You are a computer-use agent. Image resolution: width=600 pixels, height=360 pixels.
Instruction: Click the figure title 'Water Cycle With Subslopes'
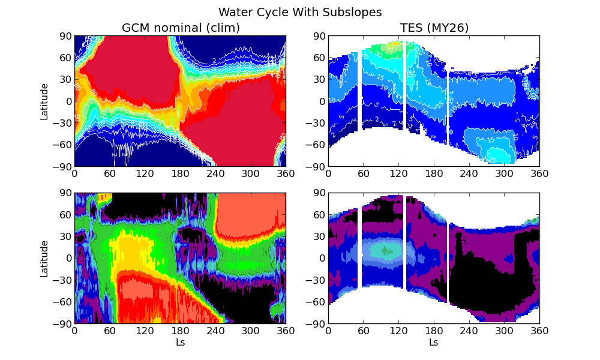point(300,12)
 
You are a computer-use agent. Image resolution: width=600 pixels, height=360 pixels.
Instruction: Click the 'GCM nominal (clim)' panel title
point(181,28)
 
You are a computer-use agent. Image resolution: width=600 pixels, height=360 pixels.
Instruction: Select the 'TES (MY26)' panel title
point(434,28)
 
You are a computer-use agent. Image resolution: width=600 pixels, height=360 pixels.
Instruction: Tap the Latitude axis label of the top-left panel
point(44,101)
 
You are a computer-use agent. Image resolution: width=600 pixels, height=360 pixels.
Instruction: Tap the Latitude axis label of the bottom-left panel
point(44,259)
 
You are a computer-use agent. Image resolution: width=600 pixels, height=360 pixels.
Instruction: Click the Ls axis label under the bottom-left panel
point(180,343)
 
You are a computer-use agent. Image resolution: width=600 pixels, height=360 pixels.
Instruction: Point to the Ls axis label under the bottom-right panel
point(434,343)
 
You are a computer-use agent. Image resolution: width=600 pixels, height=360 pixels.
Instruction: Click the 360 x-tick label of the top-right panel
point(539,173)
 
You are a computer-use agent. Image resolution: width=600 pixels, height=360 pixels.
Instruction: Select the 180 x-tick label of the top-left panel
point(180,173)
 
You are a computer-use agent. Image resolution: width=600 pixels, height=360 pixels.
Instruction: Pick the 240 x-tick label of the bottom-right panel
point(469,331)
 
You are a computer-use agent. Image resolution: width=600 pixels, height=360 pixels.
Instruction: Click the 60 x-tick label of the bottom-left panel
point(109,331)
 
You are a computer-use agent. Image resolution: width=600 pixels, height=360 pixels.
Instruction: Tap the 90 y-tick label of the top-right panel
point(319,36)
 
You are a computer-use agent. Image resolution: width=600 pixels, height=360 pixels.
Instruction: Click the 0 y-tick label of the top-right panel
point(322,101)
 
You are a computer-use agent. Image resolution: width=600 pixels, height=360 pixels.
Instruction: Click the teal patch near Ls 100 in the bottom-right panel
point(384,250)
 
